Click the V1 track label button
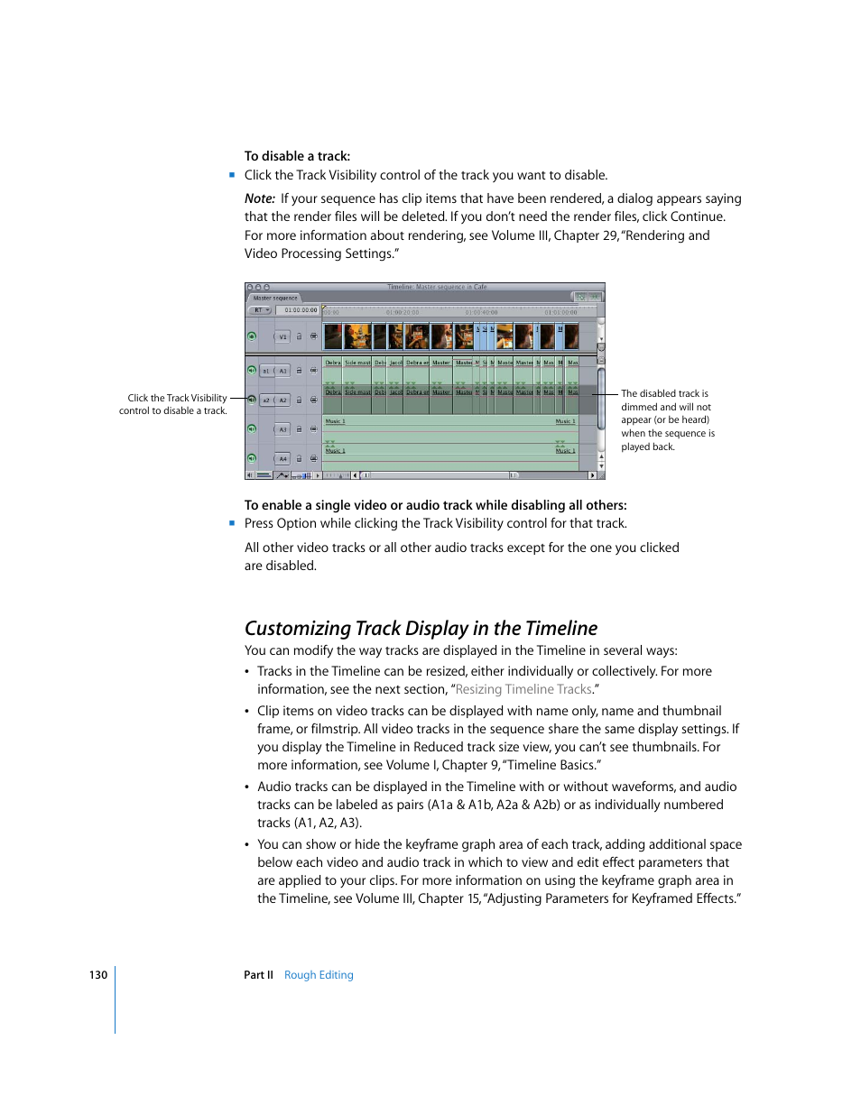(282, 337)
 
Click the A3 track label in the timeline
(282, 429)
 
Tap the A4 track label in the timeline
(282, 459)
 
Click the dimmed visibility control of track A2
(252, 399)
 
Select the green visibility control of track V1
(252, 336)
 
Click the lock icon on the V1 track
(300, 337)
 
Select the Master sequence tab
(275, 298)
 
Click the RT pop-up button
(260, 310)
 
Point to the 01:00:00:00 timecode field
(301, 310)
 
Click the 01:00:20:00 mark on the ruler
(403, 312)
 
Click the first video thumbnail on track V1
(333, 336)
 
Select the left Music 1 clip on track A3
(335, 421)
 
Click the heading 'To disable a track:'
(297, 156)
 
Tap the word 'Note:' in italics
(260, 198)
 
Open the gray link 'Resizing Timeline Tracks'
(523, 689)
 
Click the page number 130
(98, 975)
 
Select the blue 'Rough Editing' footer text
(319, 975)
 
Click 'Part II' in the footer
(258, 975)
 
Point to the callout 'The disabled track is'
(664, 394)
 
